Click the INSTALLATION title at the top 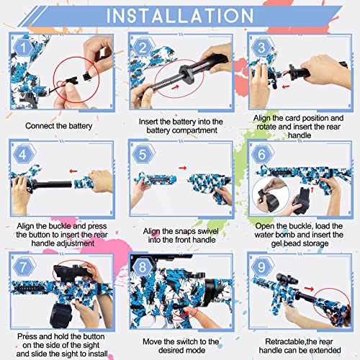[x=180, y=16]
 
